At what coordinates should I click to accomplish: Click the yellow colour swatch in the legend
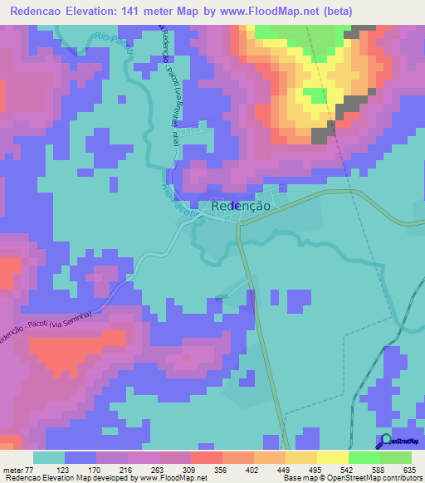301,457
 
